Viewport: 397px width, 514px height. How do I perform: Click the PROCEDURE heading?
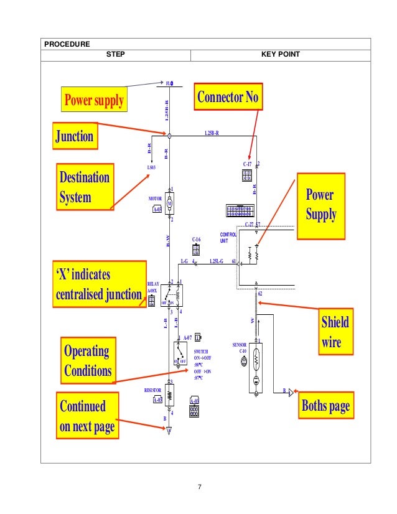pyautogui.click(x=67, y=44)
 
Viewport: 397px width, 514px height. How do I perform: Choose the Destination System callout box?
pyautogui.click(x=85, y=187)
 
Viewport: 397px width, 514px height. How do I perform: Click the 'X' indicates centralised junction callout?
pyautogui.click(x=98, y=284)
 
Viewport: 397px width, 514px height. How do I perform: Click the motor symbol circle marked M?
pyautogui.click(x=170, y=199)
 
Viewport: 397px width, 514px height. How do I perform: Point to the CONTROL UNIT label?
pyautogui.click(x=228, y=237)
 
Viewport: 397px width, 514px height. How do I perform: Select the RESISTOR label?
pyautogui.click(x=152, y=390)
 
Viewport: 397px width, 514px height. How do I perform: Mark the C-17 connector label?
pyautogui.click(x=246, y=165)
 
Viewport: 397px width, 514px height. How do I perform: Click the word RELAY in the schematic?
pyautogui.click(x=153, y=283)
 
